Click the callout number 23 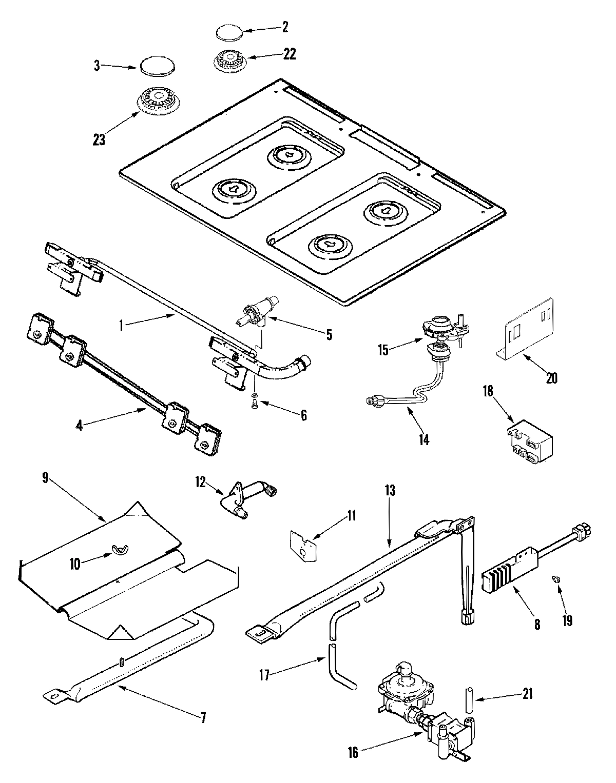pyautogui.click(x=99, y=139)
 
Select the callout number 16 pyautogui.click(x=353, y=752)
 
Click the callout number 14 pyautogui.click(x=423, y=439)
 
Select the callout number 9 pyautogui.click(x=45, y=478)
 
